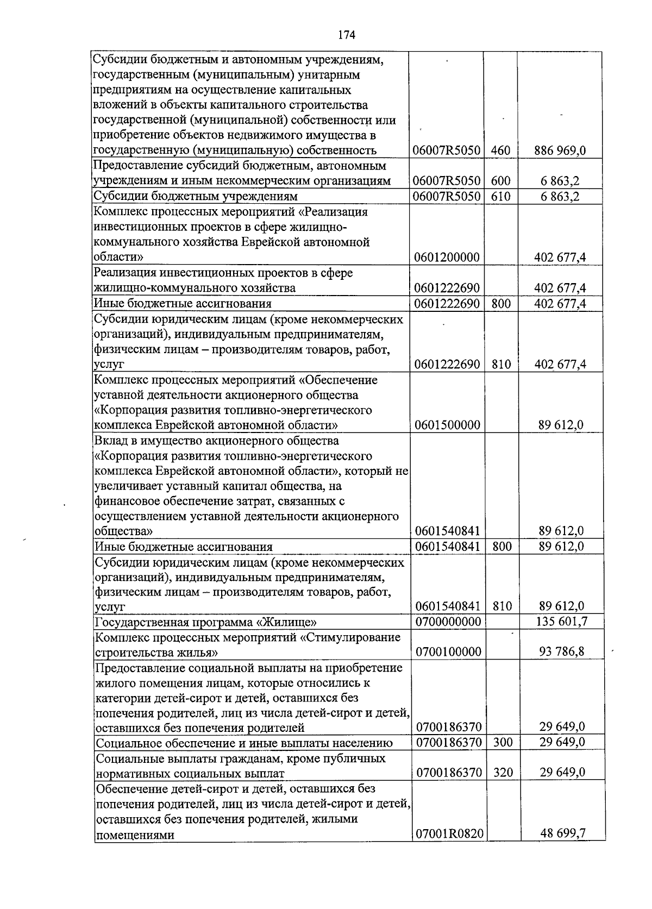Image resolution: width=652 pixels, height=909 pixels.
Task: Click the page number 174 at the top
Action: coord(346,35)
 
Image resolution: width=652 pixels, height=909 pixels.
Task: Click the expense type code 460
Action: coord(500,151)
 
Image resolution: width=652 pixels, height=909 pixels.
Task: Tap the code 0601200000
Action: coord(447,257)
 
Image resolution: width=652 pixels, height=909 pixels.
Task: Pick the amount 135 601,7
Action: coord(562,621)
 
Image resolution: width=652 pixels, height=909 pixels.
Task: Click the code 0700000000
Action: coord(448,622)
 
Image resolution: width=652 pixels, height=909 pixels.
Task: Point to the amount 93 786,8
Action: coord(562,651)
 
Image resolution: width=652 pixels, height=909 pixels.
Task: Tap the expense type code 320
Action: coord(503,772)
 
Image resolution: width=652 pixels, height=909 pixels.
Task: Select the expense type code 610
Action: coord(500,196)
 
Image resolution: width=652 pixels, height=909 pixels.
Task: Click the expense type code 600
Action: coord(500,181)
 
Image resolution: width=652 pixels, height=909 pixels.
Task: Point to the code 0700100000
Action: coord(448,651)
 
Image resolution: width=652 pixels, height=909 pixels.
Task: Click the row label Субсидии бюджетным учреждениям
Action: coord(196,196)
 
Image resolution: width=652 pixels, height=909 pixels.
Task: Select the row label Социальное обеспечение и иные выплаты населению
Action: coord(244,743)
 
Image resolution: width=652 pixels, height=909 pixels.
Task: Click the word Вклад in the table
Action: coord(110,440)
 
